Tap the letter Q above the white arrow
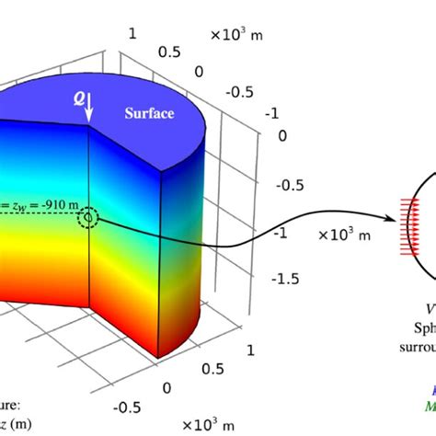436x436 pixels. tap(80, 96)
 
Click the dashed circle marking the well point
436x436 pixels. tap(88, 218)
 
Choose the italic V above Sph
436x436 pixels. tap(429, 308)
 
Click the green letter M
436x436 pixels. tap(430, 407)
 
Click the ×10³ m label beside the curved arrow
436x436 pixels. tap(345, 235)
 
